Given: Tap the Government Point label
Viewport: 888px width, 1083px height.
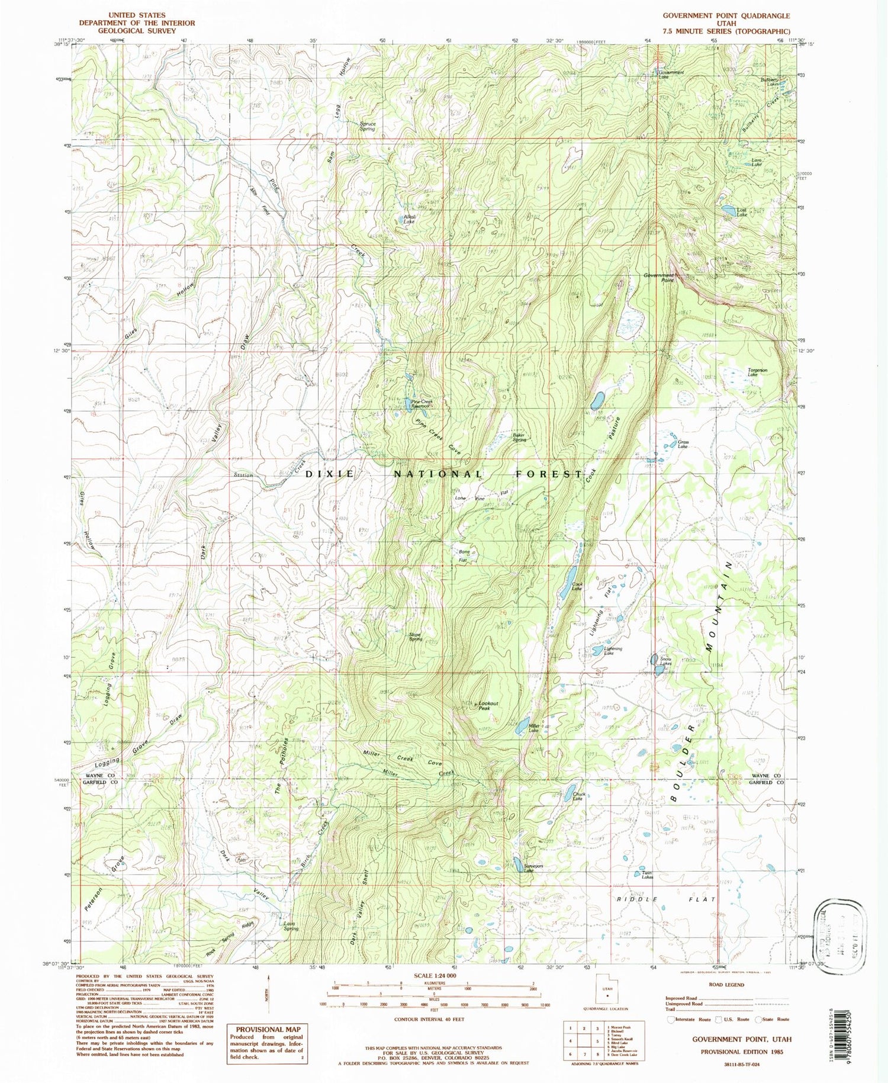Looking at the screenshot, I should tap(659, 278).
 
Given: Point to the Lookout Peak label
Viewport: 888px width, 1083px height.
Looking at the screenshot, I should tap(488, 706).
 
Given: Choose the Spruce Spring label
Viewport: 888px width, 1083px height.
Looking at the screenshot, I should tap(368, 126).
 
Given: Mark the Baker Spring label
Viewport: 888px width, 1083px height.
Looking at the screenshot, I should tap(519, 438).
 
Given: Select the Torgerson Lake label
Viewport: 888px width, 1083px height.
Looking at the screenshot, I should tap(757, 372).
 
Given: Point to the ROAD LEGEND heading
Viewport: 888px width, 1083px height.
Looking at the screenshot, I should tap(726, 984).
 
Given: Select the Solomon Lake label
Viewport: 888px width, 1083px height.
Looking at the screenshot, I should tap(529, 869).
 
